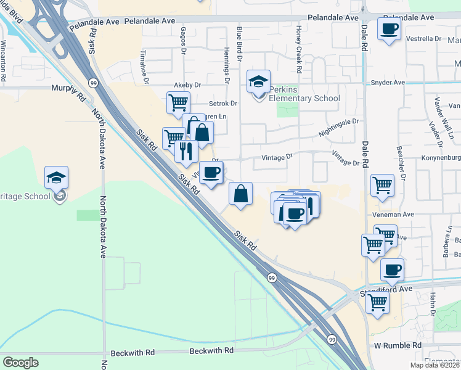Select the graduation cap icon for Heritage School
coord(56,179)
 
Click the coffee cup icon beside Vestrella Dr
coord(389,29)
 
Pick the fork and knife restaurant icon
coord(186,150)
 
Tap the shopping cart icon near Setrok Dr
coord(178,102)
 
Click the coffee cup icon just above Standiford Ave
coord(392,269)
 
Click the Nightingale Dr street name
coord(338,128)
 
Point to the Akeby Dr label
coord(188,84)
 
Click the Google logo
coord(20,362)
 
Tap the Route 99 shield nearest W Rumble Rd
coord(332,339)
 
